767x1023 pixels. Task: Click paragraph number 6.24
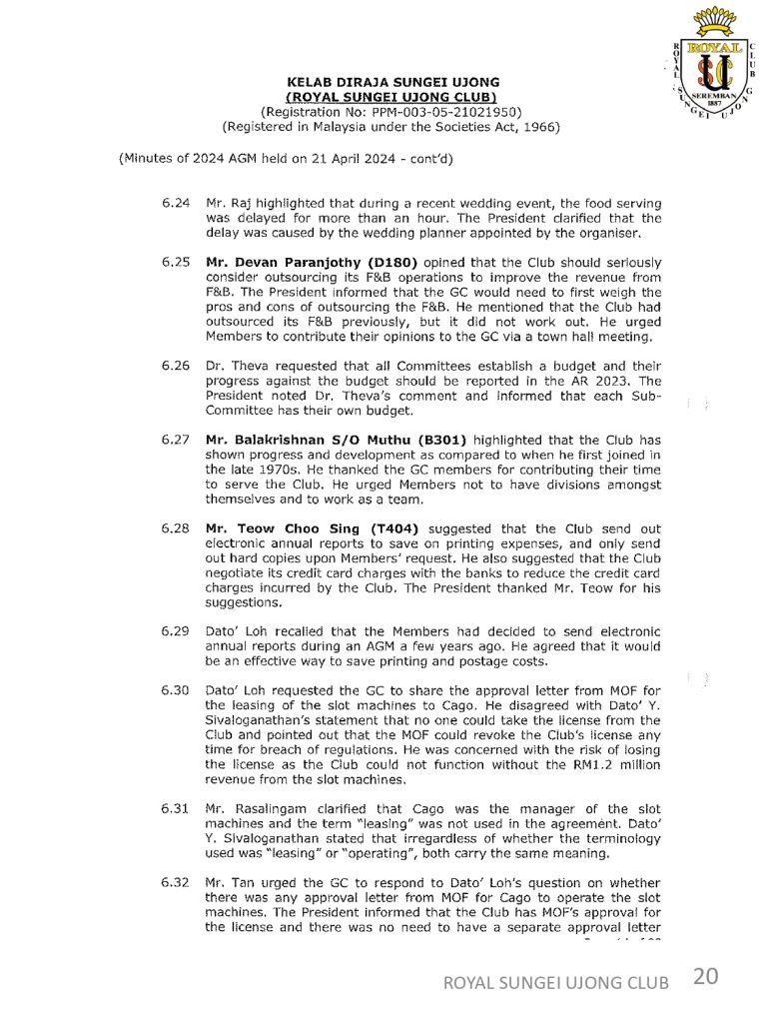tap(175, 203)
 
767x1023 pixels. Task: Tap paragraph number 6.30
tap(175, 690)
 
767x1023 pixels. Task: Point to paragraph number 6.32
tap(175, 883)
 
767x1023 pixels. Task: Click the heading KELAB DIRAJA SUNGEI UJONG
tap(393, 82)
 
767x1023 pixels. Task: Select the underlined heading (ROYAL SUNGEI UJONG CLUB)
tap(391, 97)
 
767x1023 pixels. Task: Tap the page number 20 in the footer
tap(704, 978)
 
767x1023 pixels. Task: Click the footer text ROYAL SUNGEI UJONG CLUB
tap(556, 983)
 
